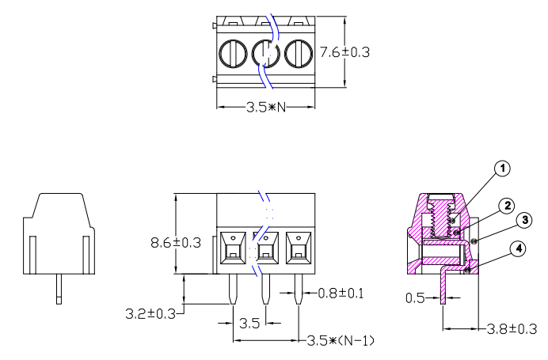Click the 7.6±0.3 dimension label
point(344,53)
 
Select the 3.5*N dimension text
point(265,107)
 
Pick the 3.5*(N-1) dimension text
point(341,341)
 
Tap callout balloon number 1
point(502,168)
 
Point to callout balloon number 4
point(518,248)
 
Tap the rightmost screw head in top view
point(297,55)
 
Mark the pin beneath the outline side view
point(59,289)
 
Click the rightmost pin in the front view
point(299,290)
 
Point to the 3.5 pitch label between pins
point(250,323)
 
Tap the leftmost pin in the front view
point(234,290)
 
